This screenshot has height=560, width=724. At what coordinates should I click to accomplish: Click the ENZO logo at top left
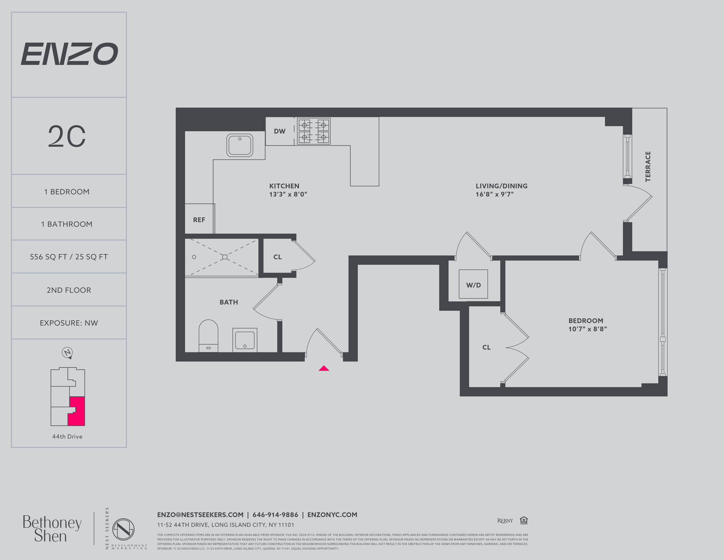pos(69,54)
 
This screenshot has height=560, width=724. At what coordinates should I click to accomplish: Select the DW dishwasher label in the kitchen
pos(279,131)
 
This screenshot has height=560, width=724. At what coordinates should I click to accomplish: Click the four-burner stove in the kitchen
pos(314,131)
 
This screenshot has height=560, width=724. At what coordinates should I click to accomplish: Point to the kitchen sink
pos(240,145)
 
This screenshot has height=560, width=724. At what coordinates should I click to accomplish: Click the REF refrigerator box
pos(199,219)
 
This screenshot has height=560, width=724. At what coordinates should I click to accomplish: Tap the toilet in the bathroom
pos(209,335)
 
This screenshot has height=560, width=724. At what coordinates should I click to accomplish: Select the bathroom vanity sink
pos(245,340)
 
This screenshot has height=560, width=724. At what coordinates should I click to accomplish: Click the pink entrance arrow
pos(324,368)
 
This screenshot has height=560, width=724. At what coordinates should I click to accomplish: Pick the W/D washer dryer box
pos(473,284)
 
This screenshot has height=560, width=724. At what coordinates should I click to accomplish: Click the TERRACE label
pos(648,167)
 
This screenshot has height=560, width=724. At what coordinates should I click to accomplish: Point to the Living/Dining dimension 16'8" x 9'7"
pos(495,194)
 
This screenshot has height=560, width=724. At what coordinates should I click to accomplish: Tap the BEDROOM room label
pos(586,321)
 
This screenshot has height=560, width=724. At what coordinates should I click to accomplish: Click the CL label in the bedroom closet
pos(486,347)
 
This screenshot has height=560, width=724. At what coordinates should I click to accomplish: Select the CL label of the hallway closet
pos(278,257)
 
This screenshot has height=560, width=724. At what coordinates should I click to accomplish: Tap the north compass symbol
pos(67,353)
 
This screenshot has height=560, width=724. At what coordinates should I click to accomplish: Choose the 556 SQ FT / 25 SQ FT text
pos(69,257)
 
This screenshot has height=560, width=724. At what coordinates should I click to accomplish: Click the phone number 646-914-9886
pos(275,515)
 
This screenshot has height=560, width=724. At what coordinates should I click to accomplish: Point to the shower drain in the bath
pos(225,257)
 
